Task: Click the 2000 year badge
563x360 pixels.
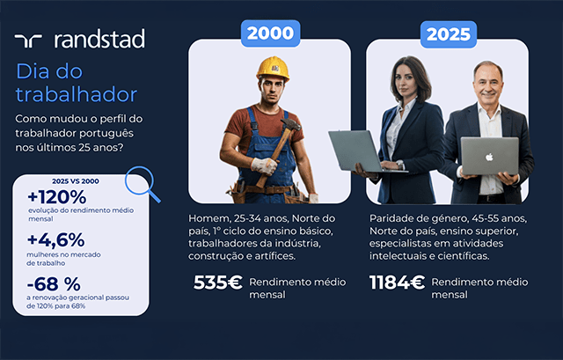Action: coord(270,33)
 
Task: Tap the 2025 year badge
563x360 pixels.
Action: coord(449,34)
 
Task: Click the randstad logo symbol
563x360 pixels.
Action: coord(28,41)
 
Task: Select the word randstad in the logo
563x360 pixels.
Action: coord(99,39)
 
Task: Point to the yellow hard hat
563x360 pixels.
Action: coord(273,69)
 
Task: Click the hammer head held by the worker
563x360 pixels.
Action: coord(290,124)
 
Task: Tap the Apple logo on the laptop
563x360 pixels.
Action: coord(489,157)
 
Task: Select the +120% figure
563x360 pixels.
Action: coord(57,197)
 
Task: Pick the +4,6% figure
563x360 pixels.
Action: coord(56,240)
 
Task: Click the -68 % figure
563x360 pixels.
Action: coord(54,284)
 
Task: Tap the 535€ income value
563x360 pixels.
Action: coord(218,283)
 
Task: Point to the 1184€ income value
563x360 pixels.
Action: coord(397,283)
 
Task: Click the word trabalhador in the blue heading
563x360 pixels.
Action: coord(77,94)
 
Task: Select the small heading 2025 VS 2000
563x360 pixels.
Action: coord(76,181)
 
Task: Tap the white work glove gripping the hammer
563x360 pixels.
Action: coord(264,166)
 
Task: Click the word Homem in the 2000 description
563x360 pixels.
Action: coord(208,218)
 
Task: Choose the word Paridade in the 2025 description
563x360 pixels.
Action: coord(388,218)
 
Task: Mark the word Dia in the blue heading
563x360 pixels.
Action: coord(33,71)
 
